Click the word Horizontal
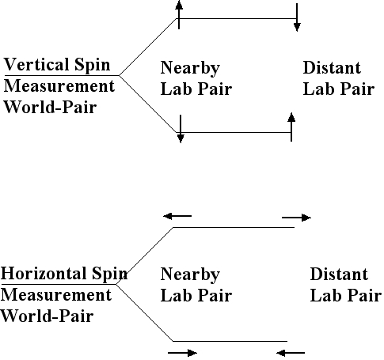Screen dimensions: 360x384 [46, 275]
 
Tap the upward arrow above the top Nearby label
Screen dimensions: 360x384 [180, 14]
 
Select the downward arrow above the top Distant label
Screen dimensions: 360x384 [296, 18]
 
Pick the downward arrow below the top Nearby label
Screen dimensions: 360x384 [181, 129]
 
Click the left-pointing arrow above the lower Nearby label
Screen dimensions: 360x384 [177, 214]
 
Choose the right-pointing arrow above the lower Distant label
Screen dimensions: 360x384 [297, 217]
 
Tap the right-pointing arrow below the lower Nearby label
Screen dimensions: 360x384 [183, 352]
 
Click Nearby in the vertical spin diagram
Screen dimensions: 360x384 [190, 69]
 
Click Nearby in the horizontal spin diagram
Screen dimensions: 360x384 [190, 275]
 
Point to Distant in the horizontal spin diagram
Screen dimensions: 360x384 [339, 275]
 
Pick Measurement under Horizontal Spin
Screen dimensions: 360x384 [56, 296]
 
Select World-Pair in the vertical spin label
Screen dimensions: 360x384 [50, 108]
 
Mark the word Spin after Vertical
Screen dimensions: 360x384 [97, 66]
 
